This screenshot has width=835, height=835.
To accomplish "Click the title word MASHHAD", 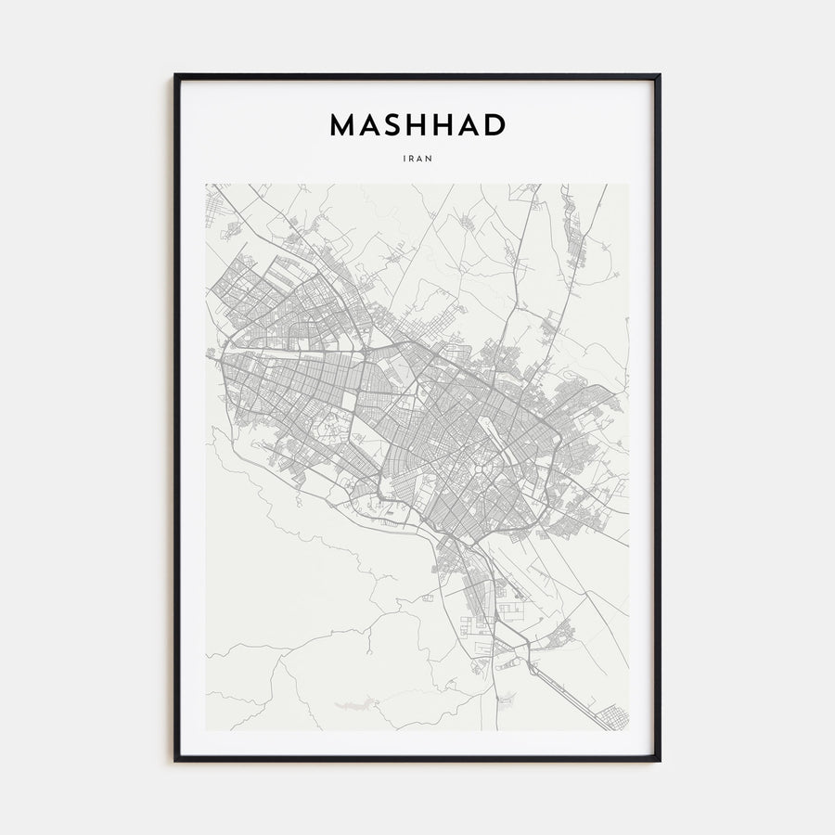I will (417, 125).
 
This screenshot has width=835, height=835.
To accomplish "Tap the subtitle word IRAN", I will (417, 159).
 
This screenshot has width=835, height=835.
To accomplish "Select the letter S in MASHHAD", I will (394, 125).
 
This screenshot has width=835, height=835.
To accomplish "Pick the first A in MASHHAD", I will (369, 125).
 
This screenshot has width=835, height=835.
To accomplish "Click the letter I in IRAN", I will (405, 159).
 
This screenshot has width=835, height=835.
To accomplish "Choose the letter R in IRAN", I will (412, 159).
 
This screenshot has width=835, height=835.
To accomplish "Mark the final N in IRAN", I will (430, 159).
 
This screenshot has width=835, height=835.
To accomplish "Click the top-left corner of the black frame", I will (175, 75).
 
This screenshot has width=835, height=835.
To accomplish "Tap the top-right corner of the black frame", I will (660, 75).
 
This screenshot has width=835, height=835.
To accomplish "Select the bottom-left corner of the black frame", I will (175, 761).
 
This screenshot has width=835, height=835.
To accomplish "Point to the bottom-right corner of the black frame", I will (660, 761).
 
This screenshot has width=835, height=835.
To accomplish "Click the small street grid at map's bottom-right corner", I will (613, 717).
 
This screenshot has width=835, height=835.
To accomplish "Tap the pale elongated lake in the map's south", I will (353, 707).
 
